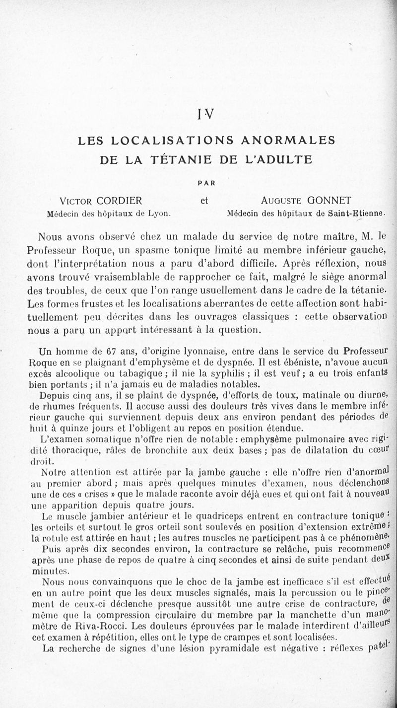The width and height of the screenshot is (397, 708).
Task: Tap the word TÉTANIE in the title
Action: point(189,160)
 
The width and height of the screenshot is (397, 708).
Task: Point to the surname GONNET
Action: point(329,201)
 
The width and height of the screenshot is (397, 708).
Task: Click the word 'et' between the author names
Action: point(203,201)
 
